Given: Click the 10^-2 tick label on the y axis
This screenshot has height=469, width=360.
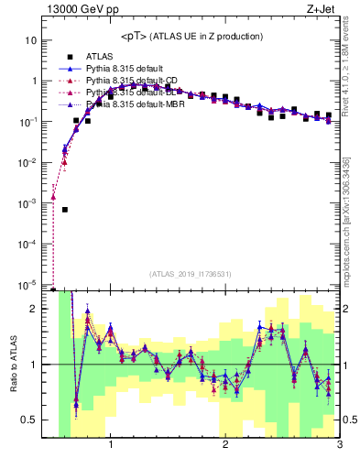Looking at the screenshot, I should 27,162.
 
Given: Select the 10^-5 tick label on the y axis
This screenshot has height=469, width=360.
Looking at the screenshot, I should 27,284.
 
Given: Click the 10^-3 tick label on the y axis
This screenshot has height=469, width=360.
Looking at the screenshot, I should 27,202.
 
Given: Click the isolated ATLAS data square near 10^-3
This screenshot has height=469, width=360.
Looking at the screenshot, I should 65,209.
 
